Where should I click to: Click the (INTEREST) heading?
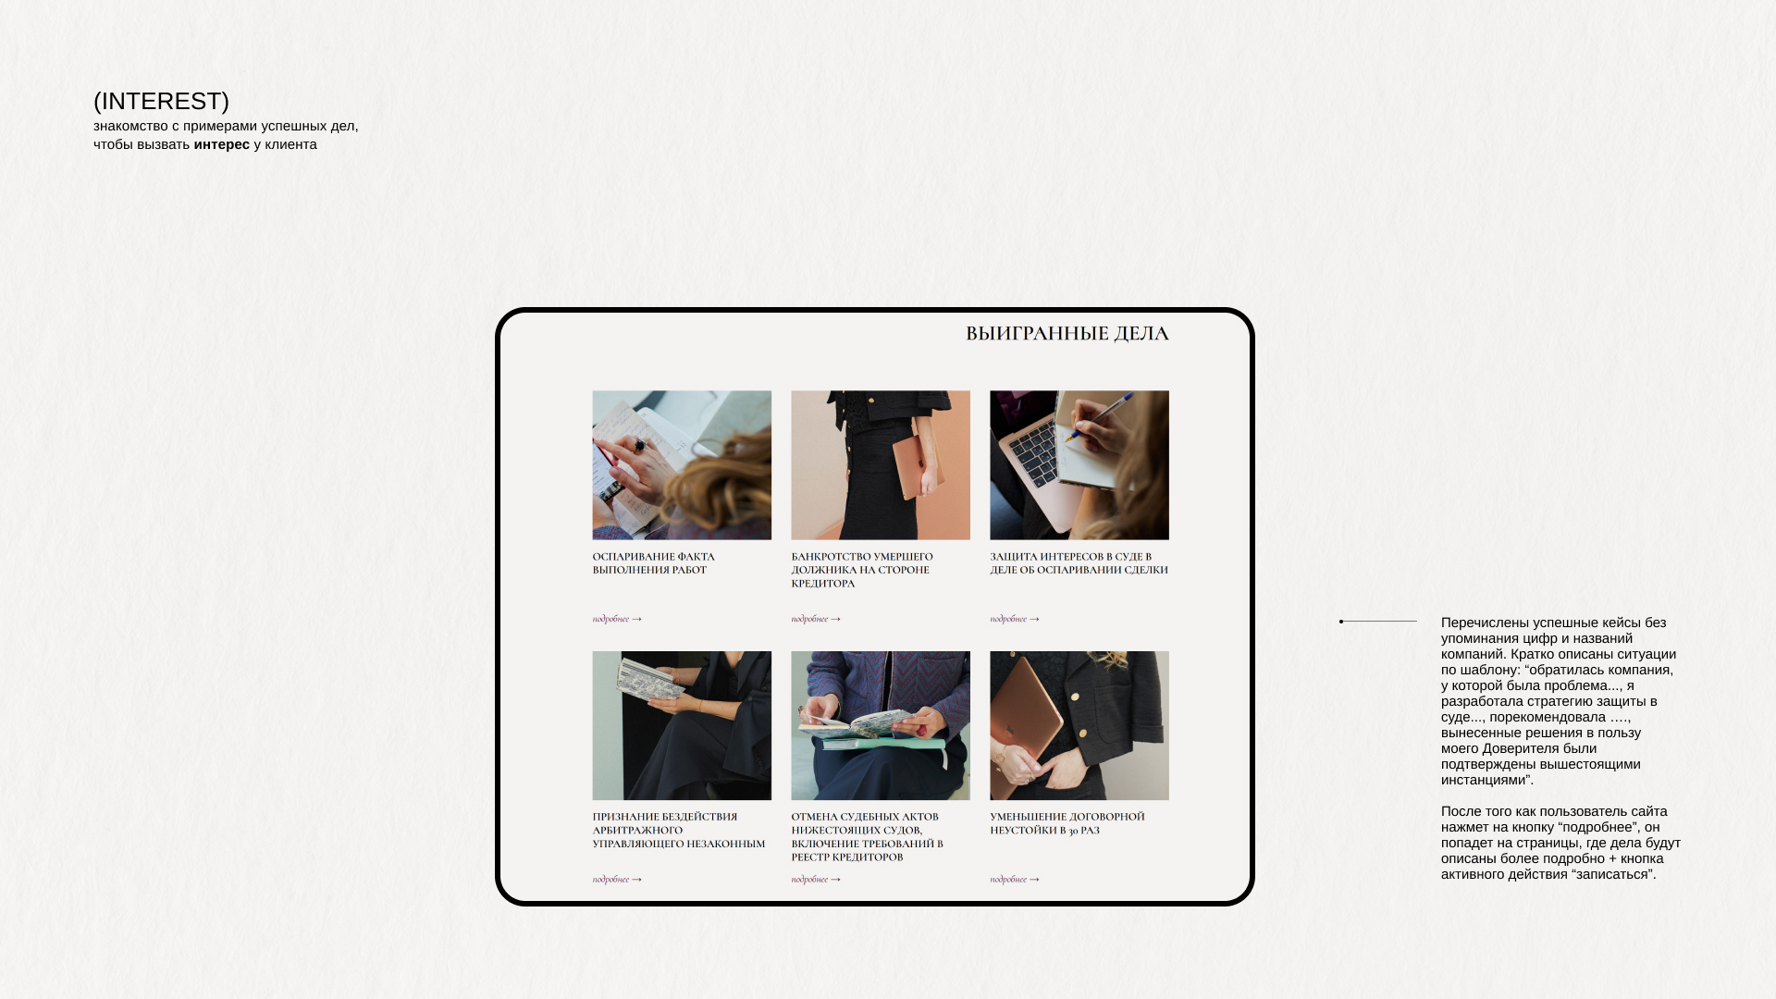161,101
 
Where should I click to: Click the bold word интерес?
222,144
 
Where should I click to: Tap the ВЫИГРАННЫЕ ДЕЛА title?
1067,333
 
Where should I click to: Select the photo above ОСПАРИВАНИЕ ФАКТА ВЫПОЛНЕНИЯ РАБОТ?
682,465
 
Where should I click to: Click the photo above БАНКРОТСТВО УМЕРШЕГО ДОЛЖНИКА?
881,465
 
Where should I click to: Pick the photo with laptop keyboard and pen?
1079,465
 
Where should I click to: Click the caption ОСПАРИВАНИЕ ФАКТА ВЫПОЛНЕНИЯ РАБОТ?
654,563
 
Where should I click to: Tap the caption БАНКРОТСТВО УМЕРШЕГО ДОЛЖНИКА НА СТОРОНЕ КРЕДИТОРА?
862,570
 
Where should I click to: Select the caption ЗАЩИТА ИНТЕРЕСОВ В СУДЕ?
1079,563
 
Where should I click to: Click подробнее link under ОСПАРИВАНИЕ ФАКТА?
617,619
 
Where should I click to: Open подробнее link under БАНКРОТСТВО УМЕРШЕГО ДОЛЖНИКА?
816,619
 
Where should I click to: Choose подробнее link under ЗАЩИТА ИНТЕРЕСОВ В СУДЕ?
1015,619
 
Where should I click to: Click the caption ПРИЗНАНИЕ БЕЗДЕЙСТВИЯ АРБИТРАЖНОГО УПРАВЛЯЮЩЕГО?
679,830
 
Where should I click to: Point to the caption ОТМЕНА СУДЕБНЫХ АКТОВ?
868,836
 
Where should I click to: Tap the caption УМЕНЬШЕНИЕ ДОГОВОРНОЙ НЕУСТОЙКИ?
1067,823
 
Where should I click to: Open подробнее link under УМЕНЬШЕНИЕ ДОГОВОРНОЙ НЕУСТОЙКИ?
1015,880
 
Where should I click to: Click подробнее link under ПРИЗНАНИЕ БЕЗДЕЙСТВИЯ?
617,880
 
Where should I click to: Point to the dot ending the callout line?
1341,622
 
